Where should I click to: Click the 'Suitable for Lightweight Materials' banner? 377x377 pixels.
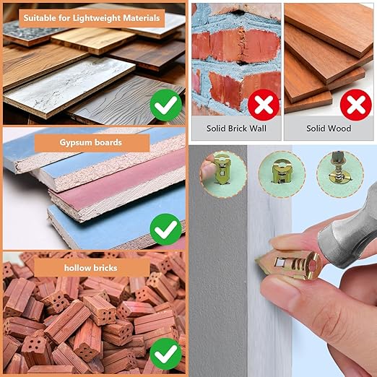[92, 18]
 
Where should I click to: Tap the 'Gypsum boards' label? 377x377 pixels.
[92, 142]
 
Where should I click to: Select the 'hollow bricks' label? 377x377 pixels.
[92, 268]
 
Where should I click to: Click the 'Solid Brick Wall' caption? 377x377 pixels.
[236, 129]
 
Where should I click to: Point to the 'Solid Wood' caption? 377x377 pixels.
[329, 129]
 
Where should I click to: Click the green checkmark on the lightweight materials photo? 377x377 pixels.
[166, 105]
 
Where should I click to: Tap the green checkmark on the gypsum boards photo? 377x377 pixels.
[166, 230]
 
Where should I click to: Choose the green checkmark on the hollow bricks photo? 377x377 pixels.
[166, 354]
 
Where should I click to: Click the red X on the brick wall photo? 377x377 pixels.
[264, 105]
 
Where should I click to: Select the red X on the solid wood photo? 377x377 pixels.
[356, 105]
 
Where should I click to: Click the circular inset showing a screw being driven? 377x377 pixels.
[339, 174]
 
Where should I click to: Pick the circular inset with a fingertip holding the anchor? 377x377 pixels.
[223, 174]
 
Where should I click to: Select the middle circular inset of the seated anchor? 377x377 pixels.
[282, 174]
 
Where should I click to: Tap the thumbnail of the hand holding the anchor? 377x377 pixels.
[223, 174]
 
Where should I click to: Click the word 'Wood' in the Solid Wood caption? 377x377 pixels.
[341, 129]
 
